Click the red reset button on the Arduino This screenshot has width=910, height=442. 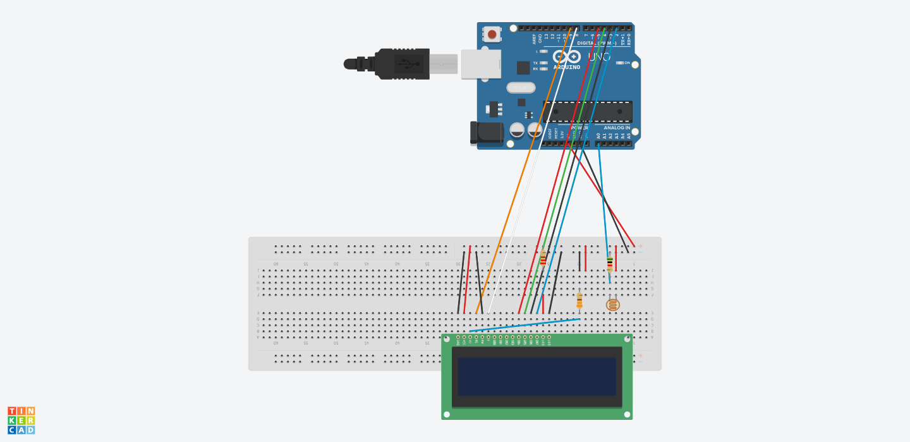coord(492,34)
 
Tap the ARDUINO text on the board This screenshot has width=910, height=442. coord(567,67)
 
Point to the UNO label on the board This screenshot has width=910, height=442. coord(599,57)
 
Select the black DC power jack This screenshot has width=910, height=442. coord(486,132)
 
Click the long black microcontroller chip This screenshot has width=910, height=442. coord(587,111)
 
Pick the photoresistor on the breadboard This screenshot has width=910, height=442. coord(612,305)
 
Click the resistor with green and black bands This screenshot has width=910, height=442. coord(609,262)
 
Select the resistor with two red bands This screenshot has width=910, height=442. coord(543,257)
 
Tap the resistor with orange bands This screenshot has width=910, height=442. coord(579,302)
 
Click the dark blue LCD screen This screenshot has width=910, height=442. coord(537,377)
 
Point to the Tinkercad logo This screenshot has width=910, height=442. coord(21,421)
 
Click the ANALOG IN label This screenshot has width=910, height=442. coord(612,128)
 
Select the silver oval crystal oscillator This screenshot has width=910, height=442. coord(521,88)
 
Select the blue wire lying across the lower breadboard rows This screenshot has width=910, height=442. coord(525,325)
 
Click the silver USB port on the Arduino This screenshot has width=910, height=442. coord(480,64)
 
